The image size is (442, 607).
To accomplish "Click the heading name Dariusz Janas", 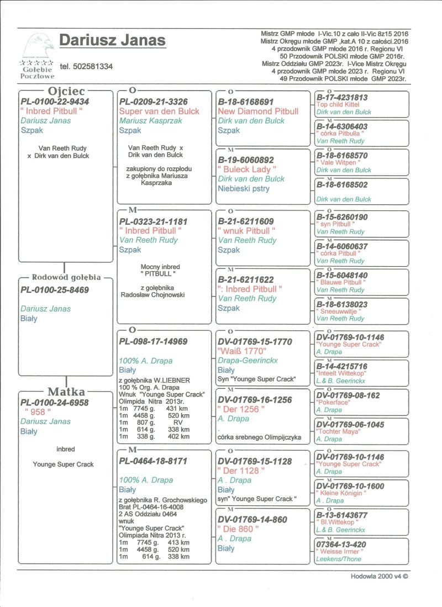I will (112, 41).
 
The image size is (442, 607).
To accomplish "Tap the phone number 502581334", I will (86, 66).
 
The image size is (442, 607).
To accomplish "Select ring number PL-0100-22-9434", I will (55, 102).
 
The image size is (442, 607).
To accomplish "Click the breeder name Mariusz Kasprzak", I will (149, 121).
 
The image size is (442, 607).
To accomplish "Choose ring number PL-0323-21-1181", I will (154, 221).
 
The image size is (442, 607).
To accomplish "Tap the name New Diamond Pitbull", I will (258, 111).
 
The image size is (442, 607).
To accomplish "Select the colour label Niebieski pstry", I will (243, 189).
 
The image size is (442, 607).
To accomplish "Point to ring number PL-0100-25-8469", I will (55, 290).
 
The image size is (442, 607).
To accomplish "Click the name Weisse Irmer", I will (340, 551).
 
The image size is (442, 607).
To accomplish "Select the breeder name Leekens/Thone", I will (339, 558).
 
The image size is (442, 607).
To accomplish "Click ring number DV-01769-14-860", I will (252, 519).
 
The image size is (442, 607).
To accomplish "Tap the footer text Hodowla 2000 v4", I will (379, 576).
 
